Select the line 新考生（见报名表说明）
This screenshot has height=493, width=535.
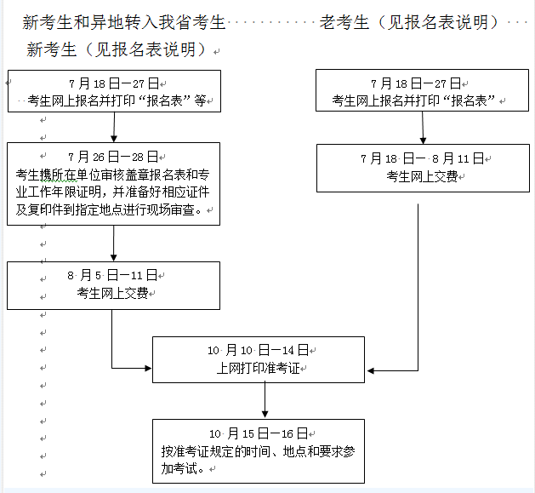point(117,50)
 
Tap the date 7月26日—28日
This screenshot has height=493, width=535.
point(113,157)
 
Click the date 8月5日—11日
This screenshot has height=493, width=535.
point(113,275)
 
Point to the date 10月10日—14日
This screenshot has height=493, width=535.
point(258,350)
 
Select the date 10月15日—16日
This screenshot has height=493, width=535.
point(258,433)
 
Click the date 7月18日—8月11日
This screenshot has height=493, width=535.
point(422,158)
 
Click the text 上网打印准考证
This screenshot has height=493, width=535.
point(257,368)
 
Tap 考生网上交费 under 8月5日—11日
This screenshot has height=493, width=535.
point(112,294)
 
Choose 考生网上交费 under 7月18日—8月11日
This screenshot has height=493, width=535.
point(422,176)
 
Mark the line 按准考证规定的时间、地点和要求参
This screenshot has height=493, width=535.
point(257,451)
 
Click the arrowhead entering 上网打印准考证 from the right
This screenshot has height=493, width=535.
point(371,370)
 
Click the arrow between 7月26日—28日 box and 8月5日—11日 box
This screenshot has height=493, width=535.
point(113,243)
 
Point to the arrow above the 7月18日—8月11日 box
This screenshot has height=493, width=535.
point(423,127)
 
